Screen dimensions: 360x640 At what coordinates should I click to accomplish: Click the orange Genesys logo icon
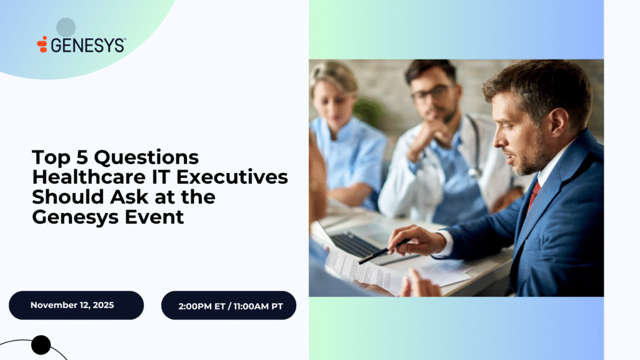point(42,44)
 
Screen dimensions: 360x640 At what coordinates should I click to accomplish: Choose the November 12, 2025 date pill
point(76,305)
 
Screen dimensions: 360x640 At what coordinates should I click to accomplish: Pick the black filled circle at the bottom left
point(41,344)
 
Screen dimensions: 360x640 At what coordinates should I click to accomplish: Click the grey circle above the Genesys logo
point(66,27)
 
